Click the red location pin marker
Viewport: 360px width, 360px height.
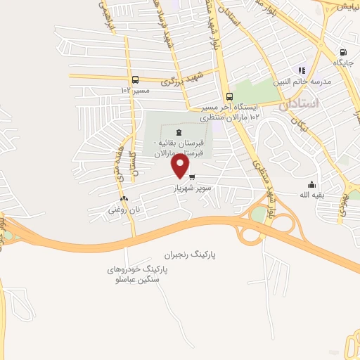pyautogui.click(x=181, y=166)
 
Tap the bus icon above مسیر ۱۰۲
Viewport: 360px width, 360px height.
pyautogui.click(x=135, y=79)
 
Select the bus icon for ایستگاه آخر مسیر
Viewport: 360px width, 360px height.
pyautogui.click(x=229, y=97)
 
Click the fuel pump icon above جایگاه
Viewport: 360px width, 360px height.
pyautogui.click(x=342, y=52)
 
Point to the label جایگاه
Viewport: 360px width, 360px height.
pyautogui.click(x=343, y=63)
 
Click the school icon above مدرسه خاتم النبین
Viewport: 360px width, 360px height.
pyautogui.click(x=302, y=70)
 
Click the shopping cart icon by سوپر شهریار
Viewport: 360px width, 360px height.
pyautogui.click(x=192, y=176)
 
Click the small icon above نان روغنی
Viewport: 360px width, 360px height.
pyautogui.click(x=124, y=199)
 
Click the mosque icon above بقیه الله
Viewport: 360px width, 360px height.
pyautogui.click(x=311, y=184)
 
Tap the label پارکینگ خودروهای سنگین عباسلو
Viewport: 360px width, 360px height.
pyautogui.click(x=134, y=274)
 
